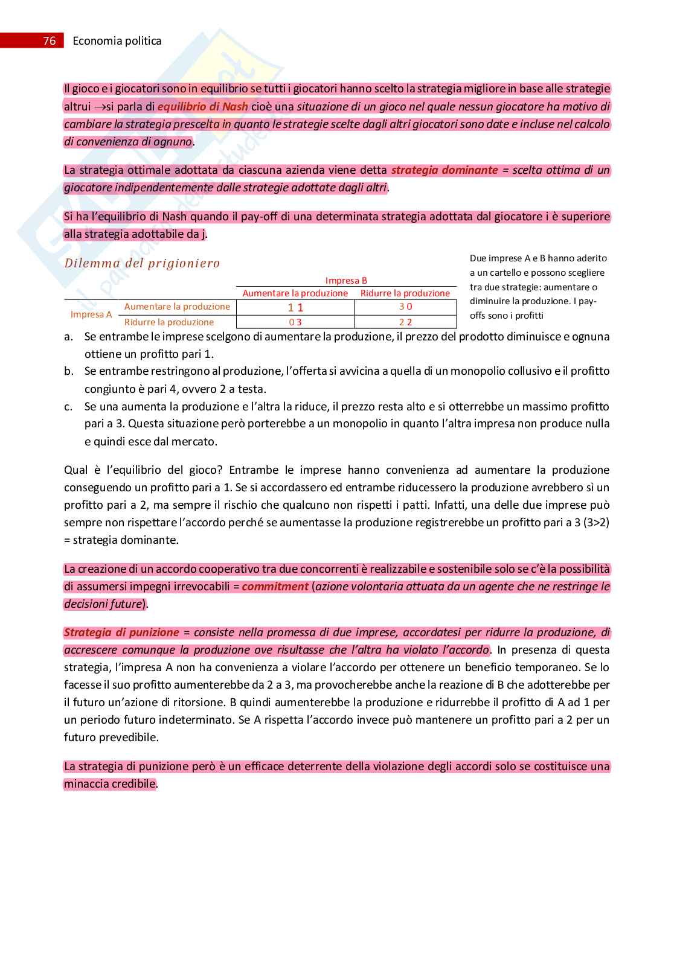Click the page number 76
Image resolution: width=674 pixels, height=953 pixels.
50,40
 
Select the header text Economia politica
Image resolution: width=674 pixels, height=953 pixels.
117,40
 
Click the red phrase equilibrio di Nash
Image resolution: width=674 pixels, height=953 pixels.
203,107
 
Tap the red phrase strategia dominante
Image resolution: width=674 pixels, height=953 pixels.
445,170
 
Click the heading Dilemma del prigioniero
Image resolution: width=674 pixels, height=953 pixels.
142,263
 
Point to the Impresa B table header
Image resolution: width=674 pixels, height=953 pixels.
346,280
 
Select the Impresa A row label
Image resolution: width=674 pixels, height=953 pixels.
91,314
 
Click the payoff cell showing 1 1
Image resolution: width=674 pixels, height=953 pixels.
295,307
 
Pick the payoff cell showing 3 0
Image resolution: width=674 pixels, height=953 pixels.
405,307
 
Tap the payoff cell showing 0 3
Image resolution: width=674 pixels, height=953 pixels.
295,322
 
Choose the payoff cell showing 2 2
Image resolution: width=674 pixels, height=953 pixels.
405,322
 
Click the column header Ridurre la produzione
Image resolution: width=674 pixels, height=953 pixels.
405,293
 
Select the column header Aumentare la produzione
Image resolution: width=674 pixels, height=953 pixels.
295,293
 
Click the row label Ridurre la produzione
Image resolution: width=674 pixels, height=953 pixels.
169,322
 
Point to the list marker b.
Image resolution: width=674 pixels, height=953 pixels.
69,371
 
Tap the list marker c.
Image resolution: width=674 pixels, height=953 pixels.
68,407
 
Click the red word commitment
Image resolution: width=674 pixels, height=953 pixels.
275,586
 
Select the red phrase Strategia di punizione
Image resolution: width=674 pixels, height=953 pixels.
121,633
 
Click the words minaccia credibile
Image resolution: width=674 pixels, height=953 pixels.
110,784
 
